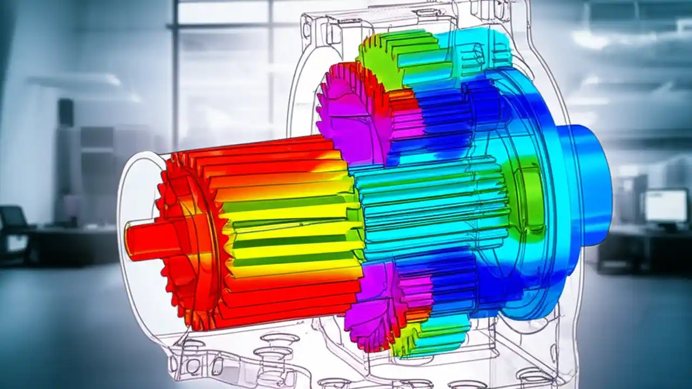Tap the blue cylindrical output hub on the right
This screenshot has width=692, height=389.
tap(587, 184)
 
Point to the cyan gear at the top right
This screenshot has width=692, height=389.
tap(476, 51)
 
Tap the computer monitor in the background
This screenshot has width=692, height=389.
tap(665, 206)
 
